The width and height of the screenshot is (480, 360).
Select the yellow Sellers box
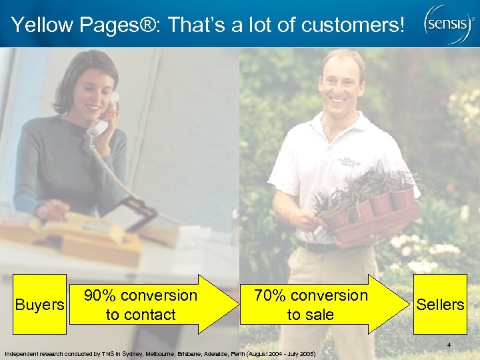click(x=439, y=304)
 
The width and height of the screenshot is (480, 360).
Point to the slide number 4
click(x=449, y=345)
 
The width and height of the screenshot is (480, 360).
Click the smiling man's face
click(x=341, y=83)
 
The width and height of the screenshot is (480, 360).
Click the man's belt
click(x=320, y=247)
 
